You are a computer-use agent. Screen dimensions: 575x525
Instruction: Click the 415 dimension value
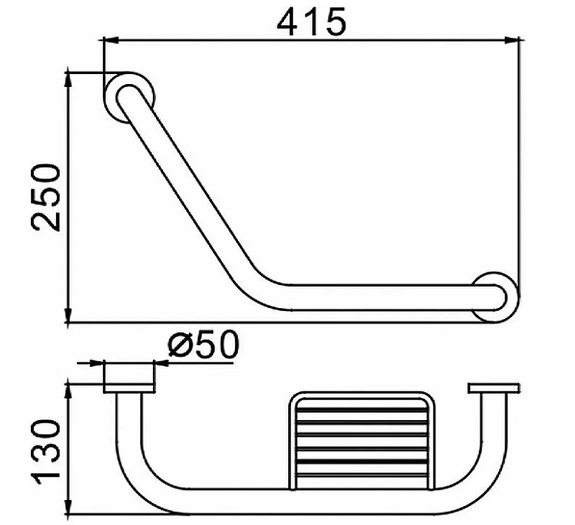[x=311, y=22]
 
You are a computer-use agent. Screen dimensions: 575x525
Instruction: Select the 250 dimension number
[x=46, y=198]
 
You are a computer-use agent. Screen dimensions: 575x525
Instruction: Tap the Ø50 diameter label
[x=203, y=345]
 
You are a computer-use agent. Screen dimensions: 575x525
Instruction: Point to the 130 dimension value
[x=46, y=452]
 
